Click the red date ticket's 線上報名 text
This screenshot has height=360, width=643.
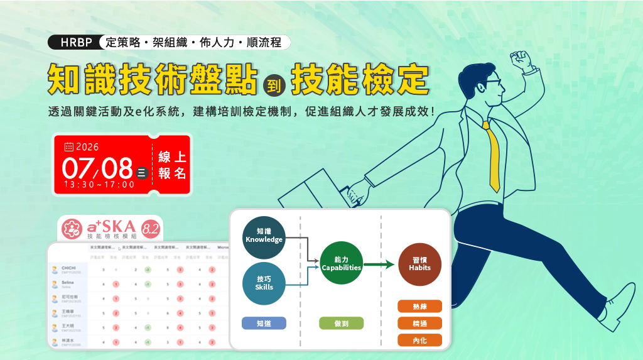(172, 165)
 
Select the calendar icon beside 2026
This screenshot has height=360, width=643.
(69, 147)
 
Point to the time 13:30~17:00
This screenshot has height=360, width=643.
(99, 184)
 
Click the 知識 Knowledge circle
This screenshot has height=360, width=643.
(264, 236)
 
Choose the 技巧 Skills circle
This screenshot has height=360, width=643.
(264, 283)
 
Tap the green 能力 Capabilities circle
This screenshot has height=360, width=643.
(341, 263)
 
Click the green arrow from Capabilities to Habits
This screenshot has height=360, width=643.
(380, 264)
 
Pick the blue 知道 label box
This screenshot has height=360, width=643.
(264, 323)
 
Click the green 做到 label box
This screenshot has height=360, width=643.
(341, 323)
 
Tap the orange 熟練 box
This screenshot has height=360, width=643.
(419, 306)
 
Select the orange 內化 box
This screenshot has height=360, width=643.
(419, 340)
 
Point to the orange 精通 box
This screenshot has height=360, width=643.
(419, 323)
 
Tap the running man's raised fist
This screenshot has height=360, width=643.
(521, 61)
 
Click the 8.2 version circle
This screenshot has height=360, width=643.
(151, 229)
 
